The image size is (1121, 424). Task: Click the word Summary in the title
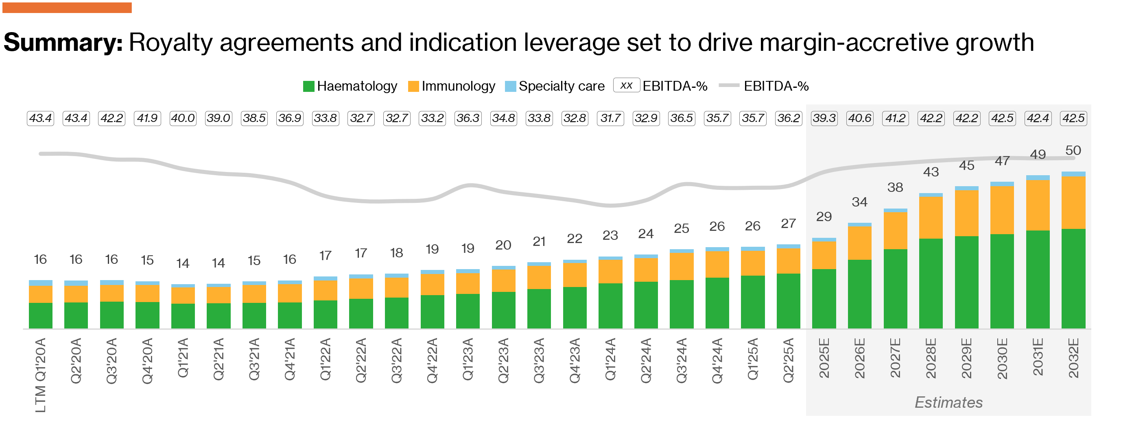[63, 43]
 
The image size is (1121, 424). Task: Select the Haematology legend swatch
[308, 86]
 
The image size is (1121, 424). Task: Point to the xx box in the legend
[626, 85]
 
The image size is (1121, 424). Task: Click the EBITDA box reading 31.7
[610, 118]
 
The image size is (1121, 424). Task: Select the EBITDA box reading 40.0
[183, 118]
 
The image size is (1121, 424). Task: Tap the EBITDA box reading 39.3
[824, 118]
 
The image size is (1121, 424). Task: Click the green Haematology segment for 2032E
[1073, 278]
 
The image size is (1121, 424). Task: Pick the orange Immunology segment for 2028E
[931, 217]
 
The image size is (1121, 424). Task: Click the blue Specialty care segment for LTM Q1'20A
[40, 283]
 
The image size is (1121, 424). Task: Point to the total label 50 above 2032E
[1073, 150]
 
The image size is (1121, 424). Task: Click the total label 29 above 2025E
[824, 217]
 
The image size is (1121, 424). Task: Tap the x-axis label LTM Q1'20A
[40, 374]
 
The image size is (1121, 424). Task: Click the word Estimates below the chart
[948, 402]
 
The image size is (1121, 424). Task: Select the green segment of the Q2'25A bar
[788, 301]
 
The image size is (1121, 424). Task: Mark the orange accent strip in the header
[67, 7]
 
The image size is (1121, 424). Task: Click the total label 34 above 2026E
[859, 202]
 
